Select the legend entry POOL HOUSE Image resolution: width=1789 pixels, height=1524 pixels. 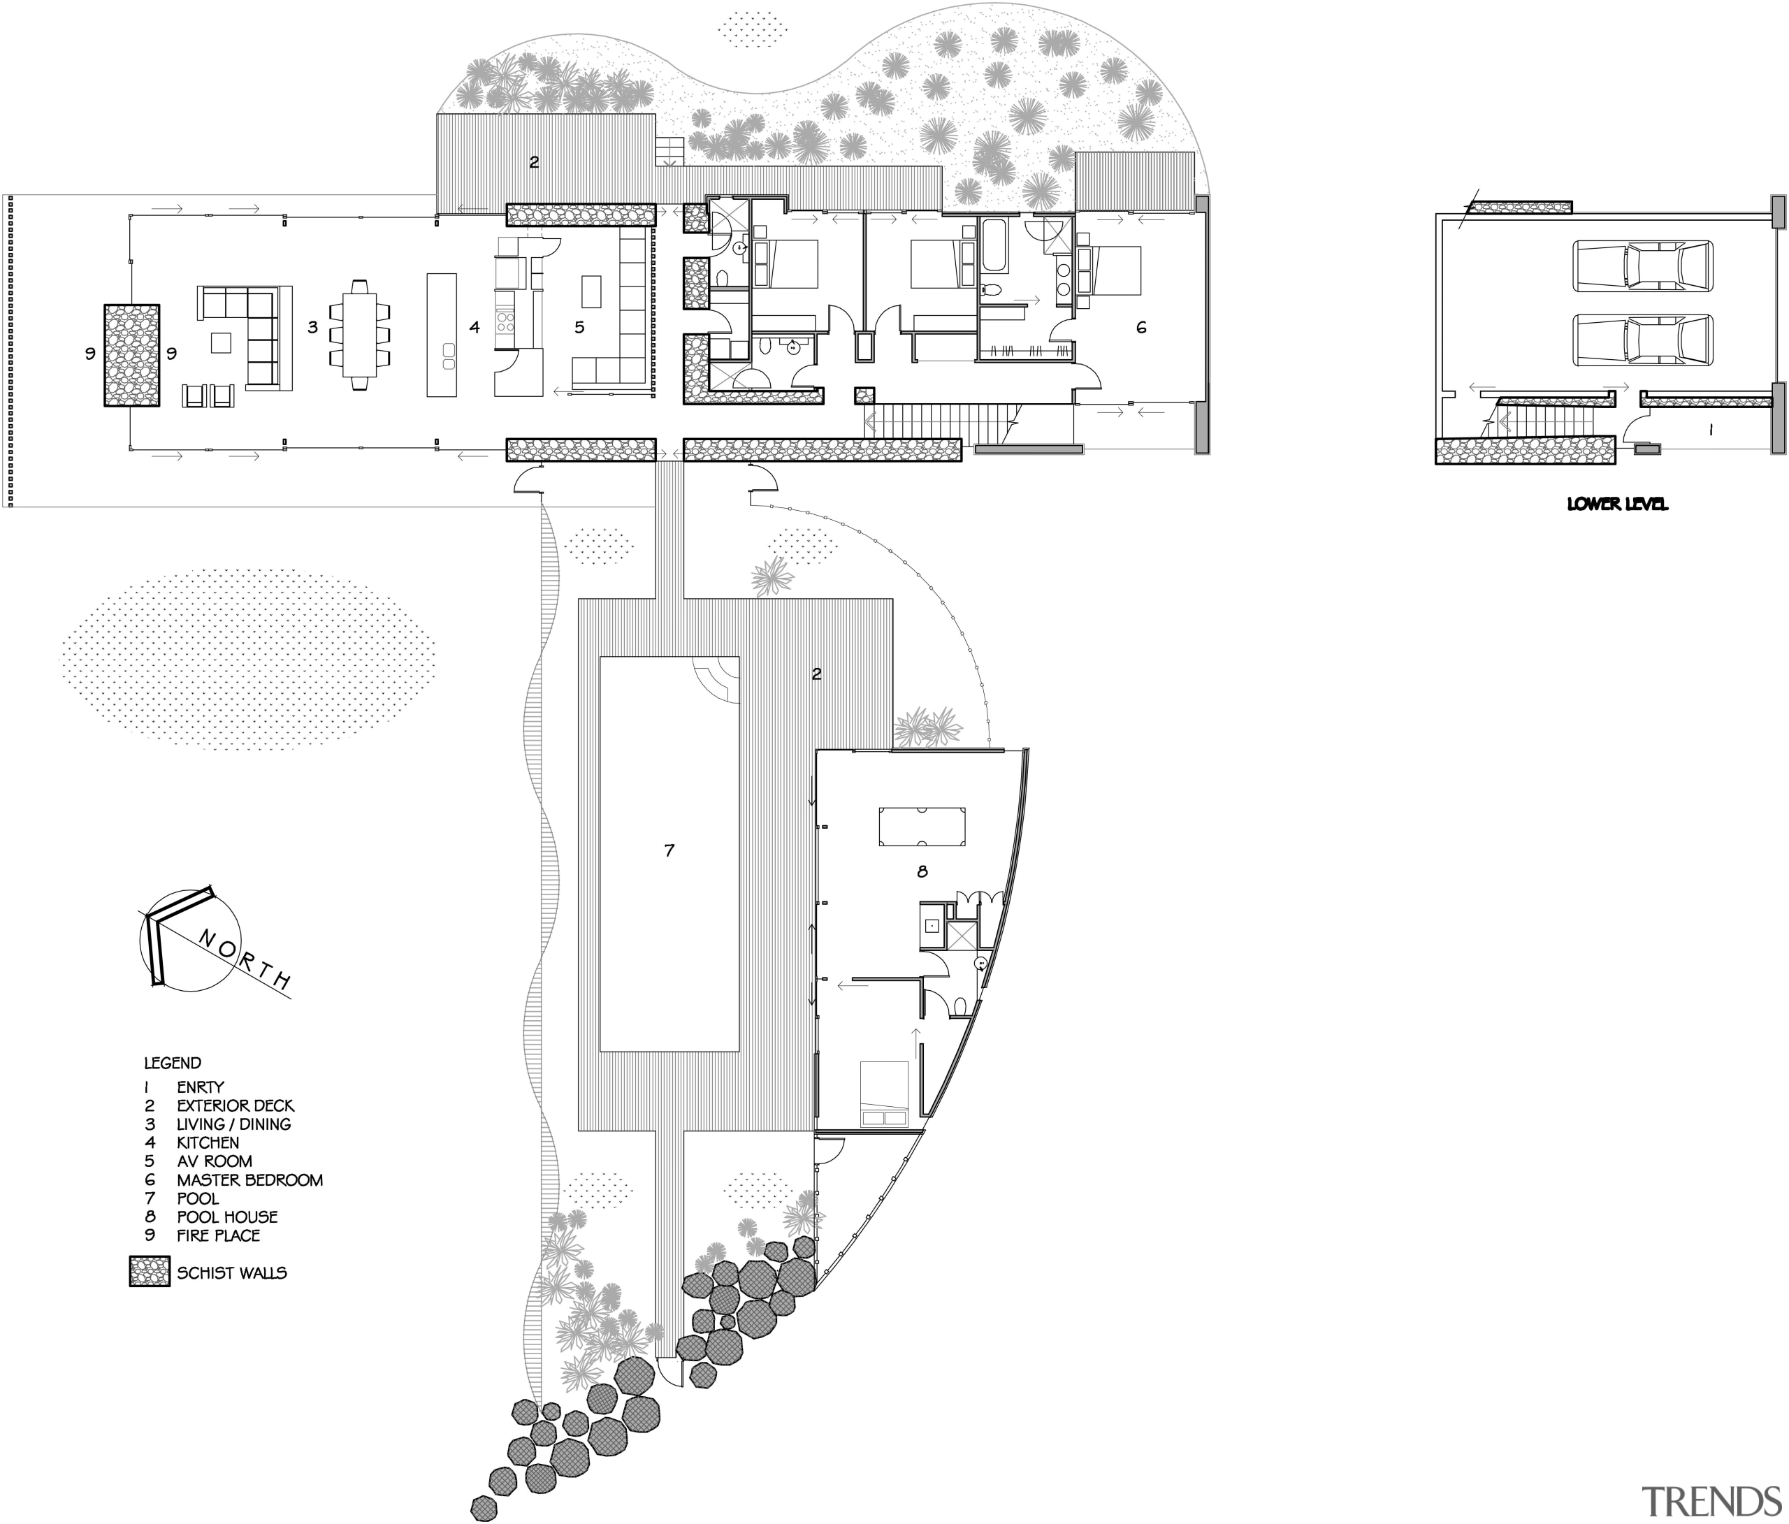click(x=226, y=1217)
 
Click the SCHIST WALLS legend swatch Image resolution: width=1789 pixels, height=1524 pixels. click(x=150, y=1272)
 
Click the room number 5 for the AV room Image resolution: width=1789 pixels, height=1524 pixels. click(x=579, y=327)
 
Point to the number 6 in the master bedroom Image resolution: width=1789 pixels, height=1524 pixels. click(x=1140, y=327)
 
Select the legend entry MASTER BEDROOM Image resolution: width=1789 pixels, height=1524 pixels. click(x=249, y=1180)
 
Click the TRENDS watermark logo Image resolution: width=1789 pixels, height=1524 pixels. click(x=1712, y=1501)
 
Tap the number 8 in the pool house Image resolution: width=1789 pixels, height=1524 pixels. click(x=922, y=872)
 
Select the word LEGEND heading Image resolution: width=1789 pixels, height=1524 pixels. click(x=173, y=1063)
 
